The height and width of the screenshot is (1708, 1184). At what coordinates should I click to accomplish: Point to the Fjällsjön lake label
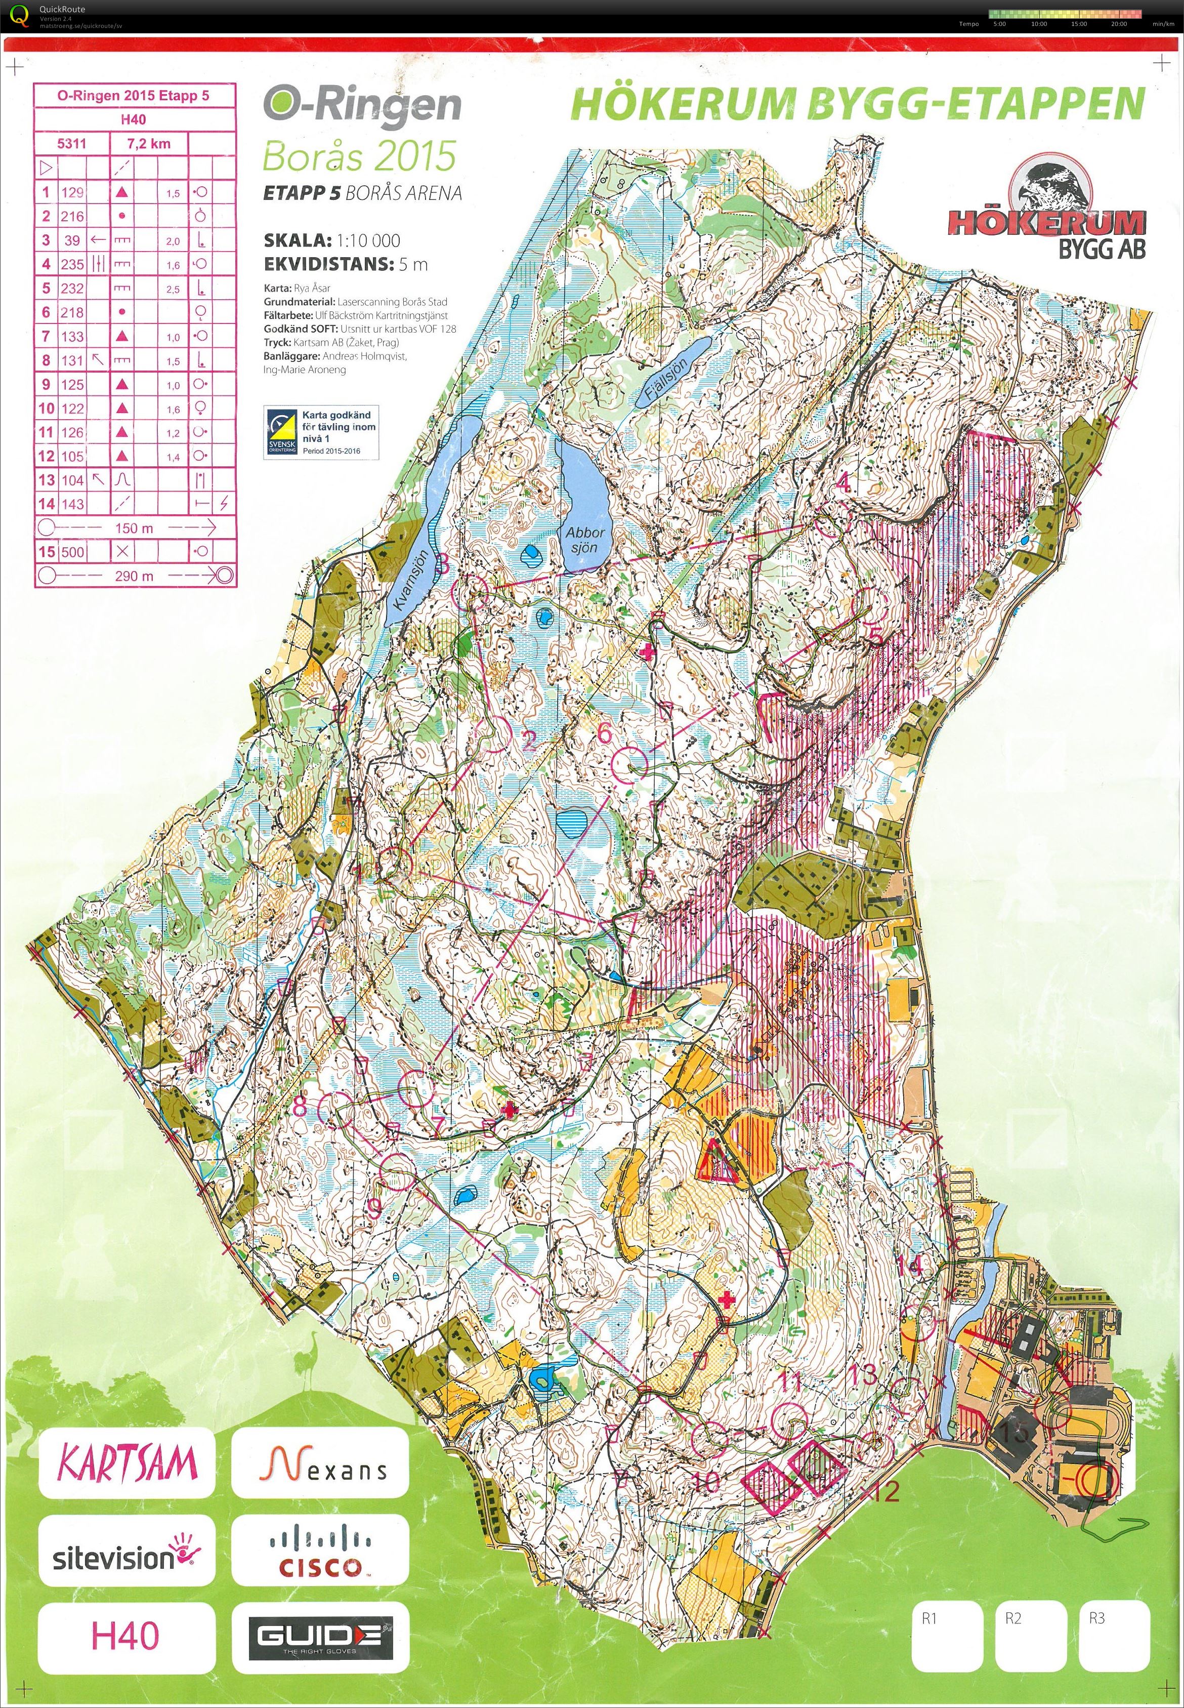666,380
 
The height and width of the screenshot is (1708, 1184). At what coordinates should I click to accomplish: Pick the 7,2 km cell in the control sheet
150,143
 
